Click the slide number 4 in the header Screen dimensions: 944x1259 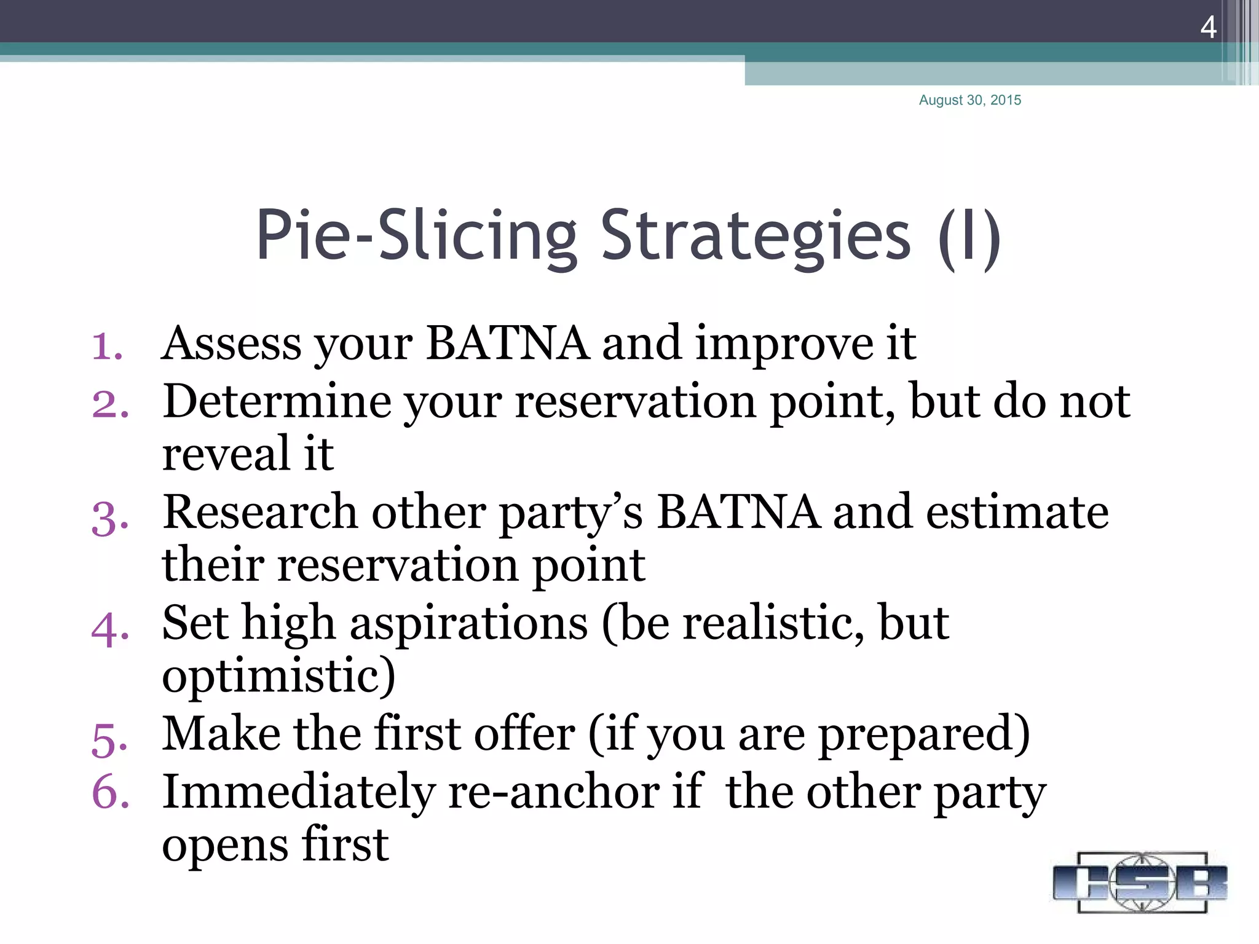click(x=1208, y=27)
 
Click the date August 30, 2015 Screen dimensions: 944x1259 click(x=969, y=100)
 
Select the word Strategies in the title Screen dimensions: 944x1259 click(x=755, y=237)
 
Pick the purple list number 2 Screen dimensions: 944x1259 click(x=110, y=404)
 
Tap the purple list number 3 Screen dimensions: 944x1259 click(x=109, y=518)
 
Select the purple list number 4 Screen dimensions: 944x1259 click(x=109, y=629)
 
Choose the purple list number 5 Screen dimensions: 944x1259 click(x=109, y=739)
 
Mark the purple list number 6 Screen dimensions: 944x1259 click(x=110, y=792)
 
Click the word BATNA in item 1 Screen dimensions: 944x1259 click(x=507, y=343)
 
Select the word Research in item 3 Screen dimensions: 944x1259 click(x=259, y=513)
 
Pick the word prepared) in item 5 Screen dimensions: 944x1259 click(x=925, y=734)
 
